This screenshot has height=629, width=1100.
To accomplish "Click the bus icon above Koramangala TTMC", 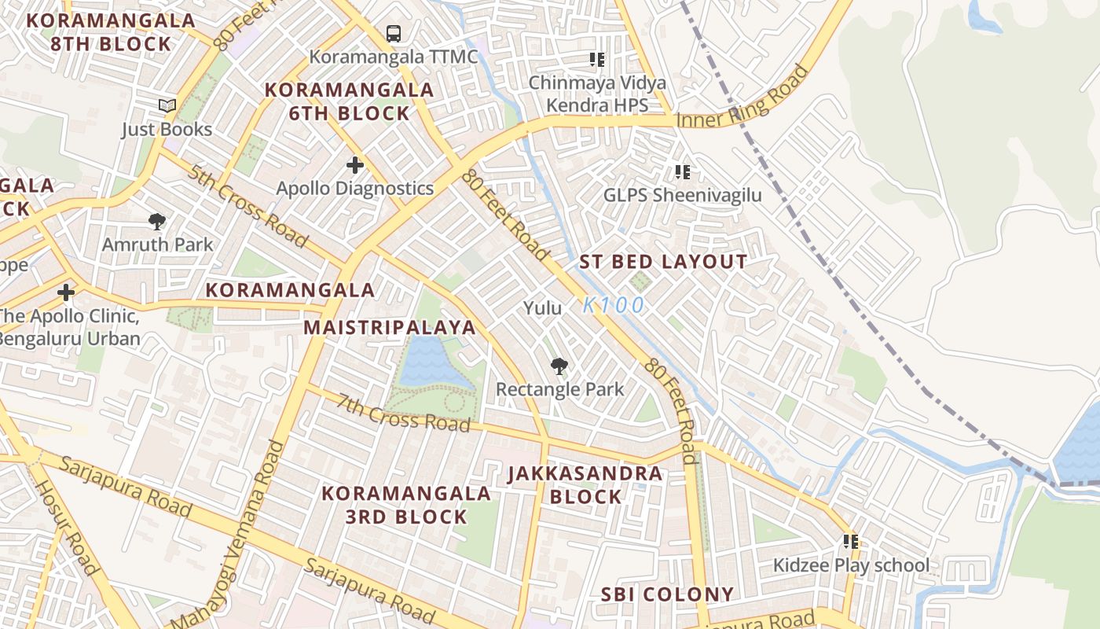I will pos(394,34).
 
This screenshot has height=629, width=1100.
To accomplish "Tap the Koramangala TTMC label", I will pos(393,57).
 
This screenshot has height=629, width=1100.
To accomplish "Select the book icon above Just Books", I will pos(167,105).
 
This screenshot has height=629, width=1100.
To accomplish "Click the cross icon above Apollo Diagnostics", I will pos(355,165).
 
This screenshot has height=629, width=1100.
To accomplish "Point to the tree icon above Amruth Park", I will pos(157,222).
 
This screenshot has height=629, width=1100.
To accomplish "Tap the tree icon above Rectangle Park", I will pos(559,366).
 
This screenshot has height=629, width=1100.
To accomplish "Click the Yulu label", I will pos(543,307).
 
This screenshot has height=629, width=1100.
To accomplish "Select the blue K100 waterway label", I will pos(614,305).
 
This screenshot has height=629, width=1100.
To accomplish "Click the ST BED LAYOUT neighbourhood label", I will pos(663,263).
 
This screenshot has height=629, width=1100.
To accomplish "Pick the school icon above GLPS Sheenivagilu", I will pos(683,171).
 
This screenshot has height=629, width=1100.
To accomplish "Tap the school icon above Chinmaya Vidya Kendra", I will pos(597,60).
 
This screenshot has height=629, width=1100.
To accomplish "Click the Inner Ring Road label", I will pos(742,99).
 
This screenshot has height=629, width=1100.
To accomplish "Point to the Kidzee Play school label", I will pos(851,565).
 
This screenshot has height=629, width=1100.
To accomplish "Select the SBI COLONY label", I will pos(667,594).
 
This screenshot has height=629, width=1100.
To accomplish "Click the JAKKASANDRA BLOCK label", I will pos(585,485).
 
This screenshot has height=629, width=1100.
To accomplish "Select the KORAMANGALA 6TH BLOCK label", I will pos(350,101).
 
